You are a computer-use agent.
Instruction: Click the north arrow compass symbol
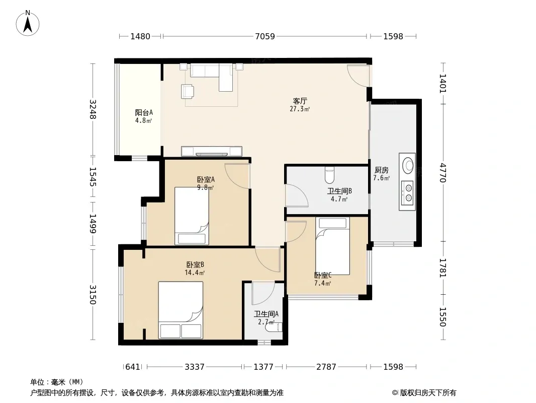[28, 23]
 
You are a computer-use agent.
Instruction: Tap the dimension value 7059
[265, 36]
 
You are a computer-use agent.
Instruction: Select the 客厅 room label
[300, 101]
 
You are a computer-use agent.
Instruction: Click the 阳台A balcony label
[144, 112]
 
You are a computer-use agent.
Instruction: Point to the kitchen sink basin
[407, 165]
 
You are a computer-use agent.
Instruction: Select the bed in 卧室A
[192, 216]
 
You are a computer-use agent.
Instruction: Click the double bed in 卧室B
[181, 310]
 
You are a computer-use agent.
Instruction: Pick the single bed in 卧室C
[332, 246]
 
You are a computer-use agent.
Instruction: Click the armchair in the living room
[188, 91]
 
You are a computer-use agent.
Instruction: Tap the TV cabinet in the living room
[212, 151]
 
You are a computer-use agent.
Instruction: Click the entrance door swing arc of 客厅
[358, 76]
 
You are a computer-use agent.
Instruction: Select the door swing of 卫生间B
[297, 195]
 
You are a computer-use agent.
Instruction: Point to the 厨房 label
[382, 170]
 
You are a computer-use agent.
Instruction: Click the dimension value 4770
[443, 173]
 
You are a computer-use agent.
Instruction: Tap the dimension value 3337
[195, 367]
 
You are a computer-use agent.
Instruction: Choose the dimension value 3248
[93, 110]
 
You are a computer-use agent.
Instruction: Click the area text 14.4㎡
[195, 273]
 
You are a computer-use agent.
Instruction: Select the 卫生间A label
[266, 314]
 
